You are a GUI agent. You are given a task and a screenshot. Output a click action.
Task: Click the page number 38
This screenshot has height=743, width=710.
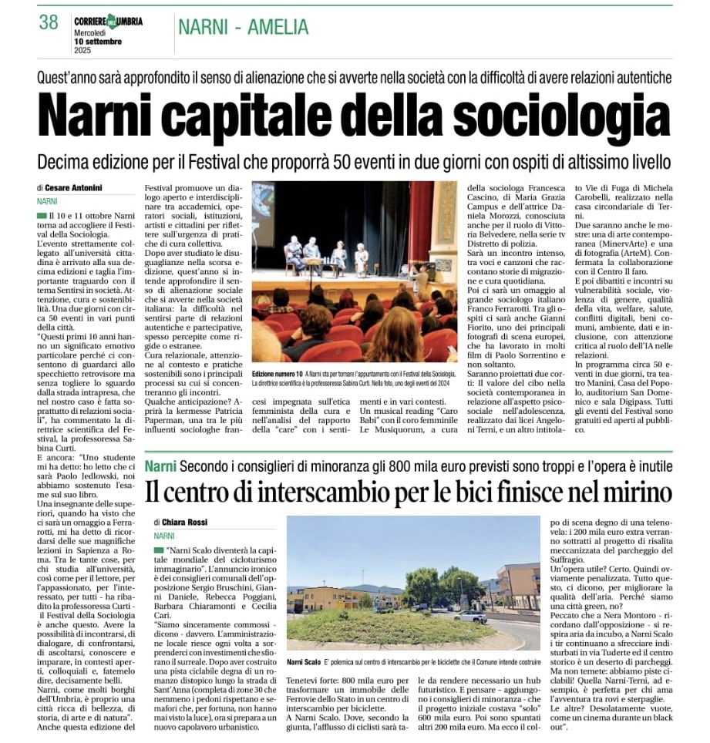coord(48,22)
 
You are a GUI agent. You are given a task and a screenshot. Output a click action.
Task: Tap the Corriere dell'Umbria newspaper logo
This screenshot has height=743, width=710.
coord(108,21)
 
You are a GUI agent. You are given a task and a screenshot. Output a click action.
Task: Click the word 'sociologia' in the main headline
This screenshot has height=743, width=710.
coord(550,116)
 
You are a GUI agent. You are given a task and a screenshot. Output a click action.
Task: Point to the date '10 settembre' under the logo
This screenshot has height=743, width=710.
coord(98,41)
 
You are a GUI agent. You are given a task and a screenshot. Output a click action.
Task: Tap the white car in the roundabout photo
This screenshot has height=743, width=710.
coord(469,617)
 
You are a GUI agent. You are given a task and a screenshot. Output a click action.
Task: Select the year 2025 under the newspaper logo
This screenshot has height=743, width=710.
coord(82,50)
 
